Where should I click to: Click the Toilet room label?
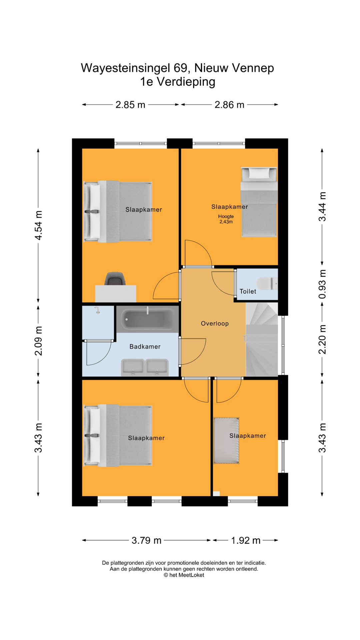tap(248, 291)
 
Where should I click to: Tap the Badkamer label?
tap(145, 347)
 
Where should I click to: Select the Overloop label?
tap(215, 323)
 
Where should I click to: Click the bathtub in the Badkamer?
tap(147, 319)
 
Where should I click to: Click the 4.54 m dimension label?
tap(39, 225)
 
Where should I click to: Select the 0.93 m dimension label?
tap(322, 284)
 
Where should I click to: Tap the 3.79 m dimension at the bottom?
tap(146, 540)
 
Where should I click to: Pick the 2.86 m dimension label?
tap(229, 105)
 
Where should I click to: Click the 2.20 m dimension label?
tap(322, 339)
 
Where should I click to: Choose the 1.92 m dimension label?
tap(246, 540)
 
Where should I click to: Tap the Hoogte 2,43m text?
tap(226, 219)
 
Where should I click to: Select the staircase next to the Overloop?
tap(262, 339)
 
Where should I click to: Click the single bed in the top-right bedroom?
tap(259, 202)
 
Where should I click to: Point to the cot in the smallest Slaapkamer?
tap(226, 440)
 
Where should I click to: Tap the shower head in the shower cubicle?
tap(97, 310)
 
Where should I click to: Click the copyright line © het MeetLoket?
tap(184, 575)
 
